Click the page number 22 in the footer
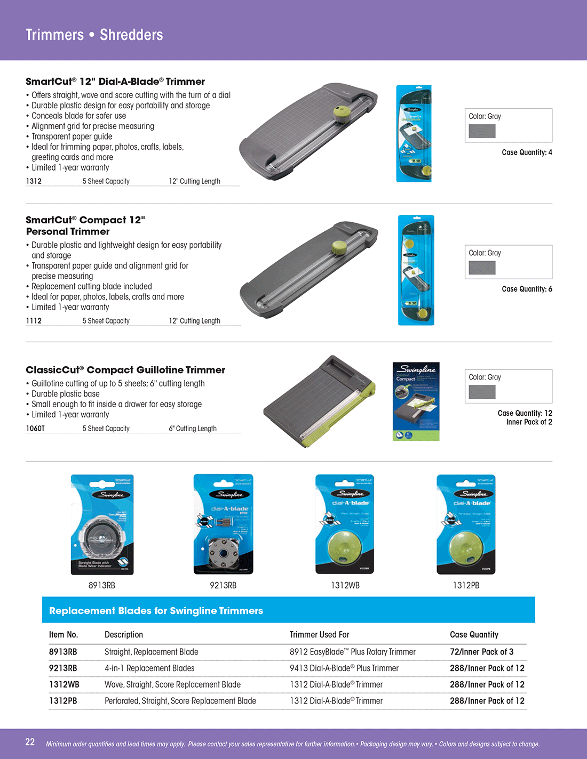30,742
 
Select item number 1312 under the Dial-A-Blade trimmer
34,181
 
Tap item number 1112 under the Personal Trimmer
34,321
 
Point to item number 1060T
35,429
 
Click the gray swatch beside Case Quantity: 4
482,131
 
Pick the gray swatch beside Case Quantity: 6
482,268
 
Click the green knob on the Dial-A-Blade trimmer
342,112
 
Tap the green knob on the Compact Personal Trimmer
340,247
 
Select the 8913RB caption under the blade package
102,585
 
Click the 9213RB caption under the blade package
223,585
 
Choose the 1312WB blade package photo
345,524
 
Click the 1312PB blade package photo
466,524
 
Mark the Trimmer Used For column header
319,635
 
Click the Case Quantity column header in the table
474,635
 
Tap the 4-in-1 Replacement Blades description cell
149,668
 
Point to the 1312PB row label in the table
63,701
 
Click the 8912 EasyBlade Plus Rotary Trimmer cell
352,652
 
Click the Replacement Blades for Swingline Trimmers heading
156,611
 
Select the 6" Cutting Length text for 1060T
193,429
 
